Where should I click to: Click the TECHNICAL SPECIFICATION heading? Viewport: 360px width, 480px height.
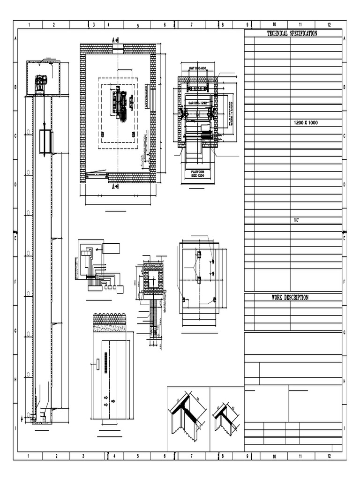[x=292, y=33]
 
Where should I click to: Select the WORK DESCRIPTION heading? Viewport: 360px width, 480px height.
[x=290, y=297]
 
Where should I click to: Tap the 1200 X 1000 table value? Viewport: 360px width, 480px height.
[x=306, y=122]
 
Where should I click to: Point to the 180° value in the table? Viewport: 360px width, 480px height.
[x=296, y=220]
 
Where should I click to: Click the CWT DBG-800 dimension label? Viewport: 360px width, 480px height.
[x=197, y=68]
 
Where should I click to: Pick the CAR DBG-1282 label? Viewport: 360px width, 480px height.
[x=197, y=102]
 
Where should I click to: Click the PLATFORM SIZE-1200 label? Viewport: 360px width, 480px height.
[x=198, y=174]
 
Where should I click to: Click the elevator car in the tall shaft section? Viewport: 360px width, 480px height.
[x=45, y=142]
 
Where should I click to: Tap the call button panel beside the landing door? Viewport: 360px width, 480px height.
[x=97, y=364]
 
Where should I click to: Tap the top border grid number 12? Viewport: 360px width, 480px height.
[x=329, y=25]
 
